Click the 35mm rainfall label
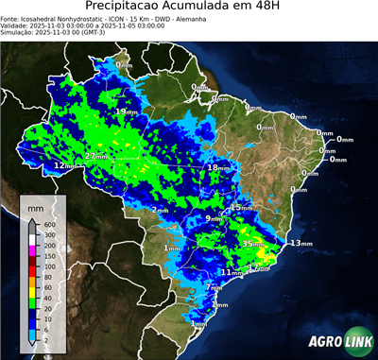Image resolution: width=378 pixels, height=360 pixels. (252, 244)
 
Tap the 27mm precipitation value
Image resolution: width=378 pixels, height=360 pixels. (95, 156)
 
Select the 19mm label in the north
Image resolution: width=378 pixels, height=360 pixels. (123, 112)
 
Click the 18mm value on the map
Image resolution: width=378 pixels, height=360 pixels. (217, 168)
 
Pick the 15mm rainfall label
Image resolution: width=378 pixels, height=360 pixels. (242, 208)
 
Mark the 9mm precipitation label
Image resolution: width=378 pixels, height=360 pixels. (214, 219)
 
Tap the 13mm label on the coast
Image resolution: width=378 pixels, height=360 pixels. (301, 244)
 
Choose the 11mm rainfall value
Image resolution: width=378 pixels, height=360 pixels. (228, 272)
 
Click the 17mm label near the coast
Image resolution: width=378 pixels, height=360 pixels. (257, 268)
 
